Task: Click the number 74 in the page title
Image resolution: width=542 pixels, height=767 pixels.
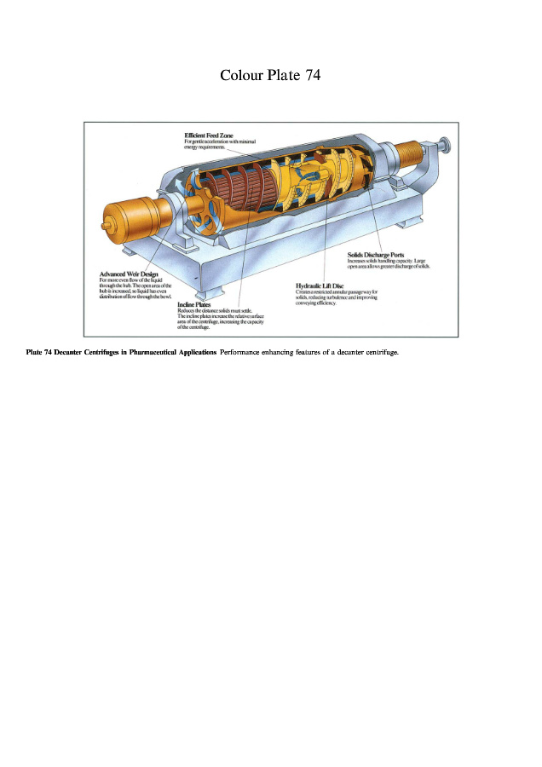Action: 311,75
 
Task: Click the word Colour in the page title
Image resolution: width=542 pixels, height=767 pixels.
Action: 241,75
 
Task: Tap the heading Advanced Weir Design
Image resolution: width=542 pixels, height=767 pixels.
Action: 129,274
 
